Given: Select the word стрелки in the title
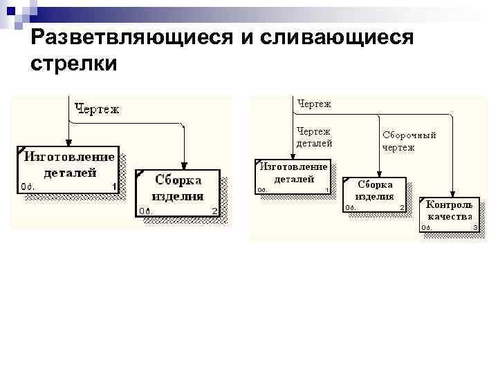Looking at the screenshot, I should [75, 64].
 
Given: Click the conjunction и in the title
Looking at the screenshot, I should [246, 39].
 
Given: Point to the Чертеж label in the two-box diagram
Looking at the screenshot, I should [97, 108].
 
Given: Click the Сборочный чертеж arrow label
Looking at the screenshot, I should [409, 141].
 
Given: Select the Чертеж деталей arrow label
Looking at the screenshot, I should [314, 137].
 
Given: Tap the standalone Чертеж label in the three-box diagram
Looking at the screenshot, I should [314, 104].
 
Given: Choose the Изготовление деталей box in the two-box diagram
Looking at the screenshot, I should [68, 168].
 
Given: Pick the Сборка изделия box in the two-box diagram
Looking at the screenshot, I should [177, 193].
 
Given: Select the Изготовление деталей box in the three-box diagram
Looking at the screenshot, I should [293, 176].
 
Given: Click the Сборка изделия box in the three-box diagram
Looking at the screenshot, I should [375, 193].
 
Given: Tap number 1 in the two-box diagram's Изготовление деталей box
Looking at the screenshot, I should [113, 186].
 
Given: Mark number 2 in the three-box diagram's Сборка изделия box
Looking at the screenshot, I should [402, 207].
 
